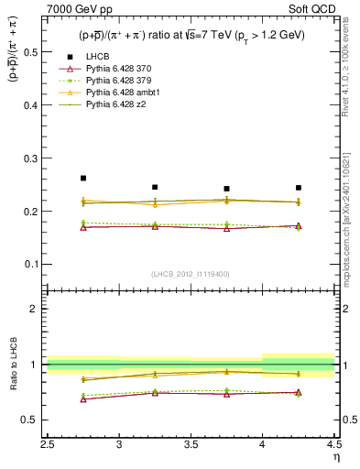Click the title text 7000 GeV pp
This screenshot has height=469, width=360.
73,9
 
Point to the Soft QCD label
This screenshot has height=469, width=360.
313,9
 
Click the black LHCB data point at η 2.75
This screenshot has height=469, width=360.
83,178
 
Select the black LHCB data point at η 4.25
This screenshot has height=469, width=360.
298,188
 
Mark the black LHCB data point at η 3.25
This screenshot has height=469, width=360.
155,187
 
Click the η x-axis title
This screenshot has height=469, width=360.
335,455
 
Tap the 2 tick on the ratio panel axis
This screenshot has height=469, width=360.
37,309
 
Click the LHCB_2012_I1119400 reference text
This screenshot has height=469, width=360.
190,274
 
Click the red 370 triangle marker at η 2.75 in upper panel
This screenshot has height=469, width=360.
83,227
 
